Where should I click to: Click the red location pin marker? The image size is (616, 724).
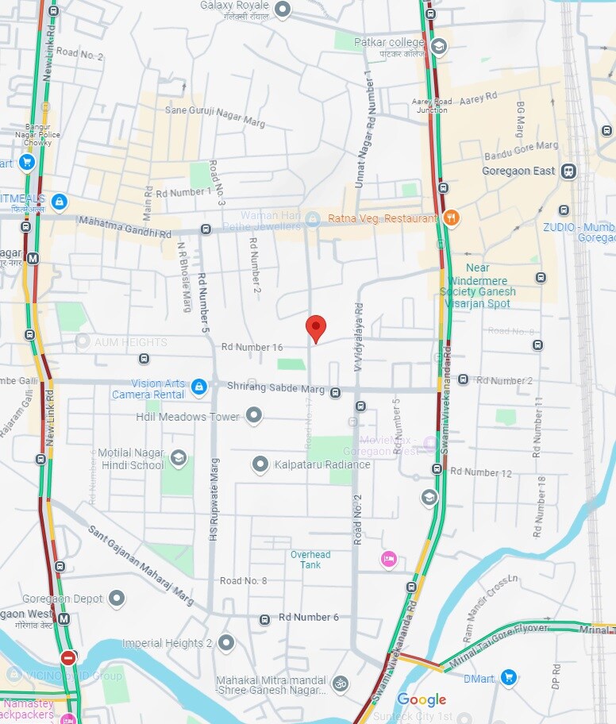(x=316, y=327)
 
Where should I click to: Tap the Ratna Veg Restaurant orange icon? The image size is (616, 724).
(x=451, y=218)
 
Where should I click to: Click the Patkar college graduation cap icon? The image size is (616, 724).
(x=438, y=46)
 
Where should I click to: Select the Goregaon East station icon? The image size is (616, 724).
(x=568, y=171)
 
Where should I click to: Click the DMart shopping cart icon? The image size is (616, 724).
(x=509, y=678)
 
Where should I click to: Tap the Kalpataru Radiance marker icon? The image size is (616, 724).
(x=260, y=464)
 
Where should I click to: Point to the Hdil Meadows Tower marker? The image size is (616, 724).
(x=254, y=415)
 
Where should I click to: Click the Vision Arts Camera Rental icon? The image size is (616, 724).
(x=199, y=387)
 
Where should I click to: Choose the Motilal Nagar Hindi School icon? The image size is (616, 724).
(x=178, y=458)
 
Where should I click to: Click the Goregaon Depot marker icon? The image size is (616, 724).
(x=117, y=598)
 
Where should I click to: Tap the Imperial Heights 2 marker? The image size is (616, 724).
(x=226, y=642)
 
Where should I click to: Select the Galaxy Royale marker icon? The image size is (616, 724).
(x=283, y=10)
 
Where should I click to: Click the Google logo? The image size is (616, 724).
(x=422, y=699)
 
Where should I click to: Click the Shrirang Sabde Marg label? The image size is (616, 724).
(x=275, y=389)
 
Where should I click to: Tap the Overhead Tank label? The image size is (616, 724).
(x=310, y=560)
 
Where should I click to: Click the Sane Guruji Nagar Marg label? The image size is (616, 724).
(x=214, y=117)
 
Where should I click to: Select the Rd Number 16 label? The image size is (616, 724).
(x=252, y=347)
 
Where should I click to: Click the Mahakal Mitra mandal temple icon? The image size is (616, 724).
(x=340, y=683)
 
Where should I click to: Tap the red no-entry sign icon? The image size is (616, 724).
(x=68, y=658)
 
